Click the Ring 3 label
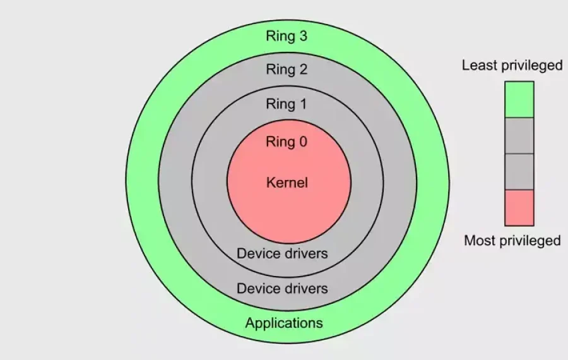(x=287, y=36)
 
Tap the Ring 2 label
(x=287, y=69)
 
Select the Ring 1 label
(x=287, y=104)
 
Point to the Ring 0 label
(x=287, y=141)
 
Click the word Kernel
(x=287, y=183)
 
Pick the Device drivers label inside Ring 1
(x=282, y=254)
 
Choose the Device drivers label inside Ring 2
(x=282, y=289)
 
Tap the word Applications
(x=284, y=323)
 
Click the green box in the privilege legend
(x=519, y=99)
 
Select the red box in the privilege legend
(x=519, y=208)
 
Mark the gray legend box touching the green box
(x=519, y=136)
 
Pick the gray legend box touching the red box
(x=519, y=172)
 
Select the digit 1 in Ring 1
(x=303, y=104)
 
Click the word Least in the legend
(x=477, y=65)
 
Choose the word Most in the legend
(x=479, y=241)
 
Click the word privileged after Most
(x=529, y=241)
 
